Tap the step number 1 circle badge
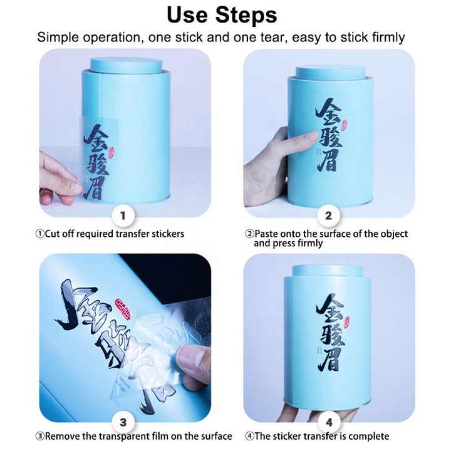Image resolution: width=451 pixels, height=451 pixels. [x=123, y=216]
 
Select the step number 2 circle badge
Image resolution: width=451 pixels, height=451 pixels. [x=328, y=216]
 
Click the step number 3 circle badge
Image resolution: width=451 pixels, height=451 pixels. [x=123, y=421]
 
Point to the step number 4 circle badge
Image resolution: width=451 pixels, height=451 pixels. [x=328, y=421]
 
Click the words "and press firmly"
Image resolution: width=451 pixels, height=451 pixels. [x=288, y=243]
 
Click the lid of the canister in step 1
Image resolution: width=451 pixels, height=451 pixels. [x=126, y=65]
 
